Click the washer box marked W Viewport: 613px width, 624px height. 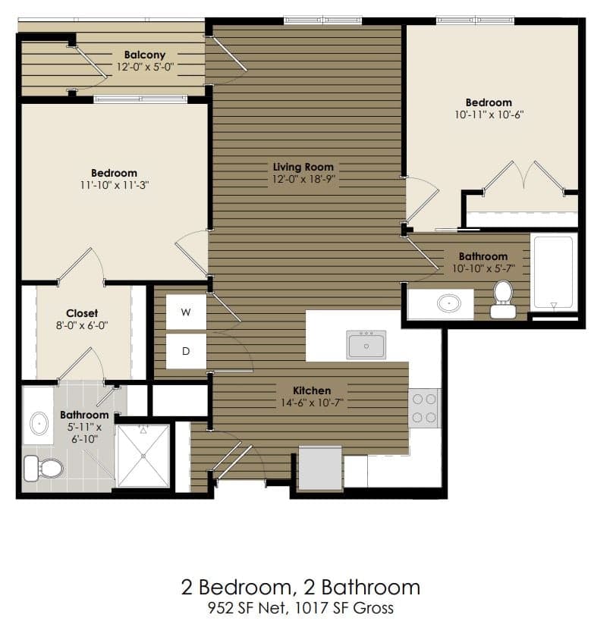[x=186, y=312]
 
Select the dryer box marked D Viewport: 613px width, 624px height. [x=186, y=351]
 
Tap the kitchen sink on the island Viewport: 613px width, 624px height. [x=366, y=344]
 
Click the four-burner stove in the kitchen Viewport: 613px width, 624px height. [x=424, y=408]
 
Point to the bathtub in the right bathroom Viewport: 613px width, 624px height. [x=554, y=272]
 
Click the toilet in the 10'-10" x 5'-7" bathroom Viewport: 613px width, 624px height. [x=503, y=299]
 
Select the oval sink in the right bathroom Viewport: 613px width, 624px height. [x=449, y=304]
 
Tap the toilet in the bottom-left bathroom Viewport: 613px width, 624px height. [x=45, y=468]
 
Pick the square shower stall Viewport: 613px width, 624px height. [x=143, y=455]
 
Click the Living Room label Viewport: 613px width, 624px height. [x=303, y=167]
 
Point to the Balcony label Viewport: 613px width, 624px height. [x=144, y=55]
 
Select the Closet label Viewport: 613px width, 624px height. [x=82, y=313]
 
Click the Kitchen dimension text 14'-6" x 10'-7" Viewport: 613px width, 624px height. [x=313, y=403]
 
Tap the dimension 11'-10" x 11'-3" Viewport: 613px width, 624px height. [x=114, y=185]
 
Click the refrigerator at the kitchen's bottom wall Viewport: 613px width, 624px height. [x=319, y=468]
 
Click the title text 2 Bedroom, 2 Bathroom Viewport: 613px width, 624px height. [x=300, y=587]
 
